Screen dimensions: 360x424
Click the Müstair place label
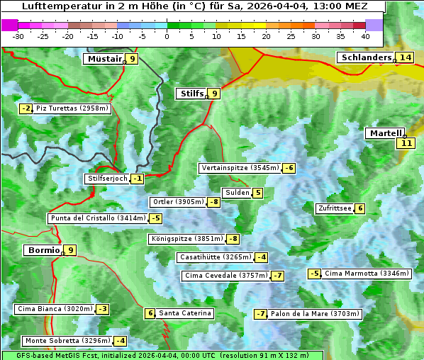(104, 59)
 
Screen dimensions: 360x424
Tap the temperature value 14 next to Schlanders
(405, 57)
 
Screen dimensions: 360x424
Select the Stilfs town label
(190, 93)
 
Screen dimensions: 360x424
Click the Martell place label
(384, 133)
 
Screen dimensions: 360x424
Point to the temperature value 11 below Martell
(405, 143)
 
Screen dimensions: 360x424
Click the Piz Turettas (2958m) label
(72, 108)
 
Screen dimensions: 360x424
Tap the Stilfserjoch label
(107, 179)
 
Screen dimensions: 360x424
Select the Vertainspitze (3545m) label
(240, 168)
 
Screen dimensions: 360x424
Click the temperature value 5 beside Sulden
(257, 193)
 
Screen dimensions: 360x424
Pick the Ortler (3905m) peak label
(178, 202)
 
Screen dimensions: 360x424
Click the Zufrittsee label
(335, 208)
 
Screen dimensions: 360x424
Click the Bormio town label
(42, 250)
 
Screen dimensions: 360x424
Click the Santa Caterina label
(185, 313)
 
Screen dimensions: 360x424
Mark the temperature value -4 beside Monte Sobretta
(121, 341)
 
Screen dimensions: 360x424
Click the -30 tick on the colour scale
(18, 35)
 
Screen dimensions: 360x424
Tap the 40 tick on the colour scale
(365, 35)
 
